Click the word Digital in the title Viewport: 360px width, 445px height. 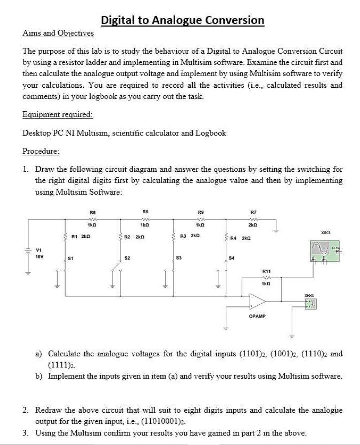point(119,20)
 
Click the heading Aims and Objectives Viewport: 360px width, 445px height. point(58,33)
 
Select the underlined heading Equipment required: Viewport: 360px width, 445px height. point(58,115)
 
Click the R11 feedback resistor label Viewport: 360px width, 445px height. point(267,271)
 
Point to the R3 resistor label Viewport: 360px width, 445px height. point(184,236)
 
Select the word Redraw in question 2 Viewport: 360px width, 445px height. point(48,410)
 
